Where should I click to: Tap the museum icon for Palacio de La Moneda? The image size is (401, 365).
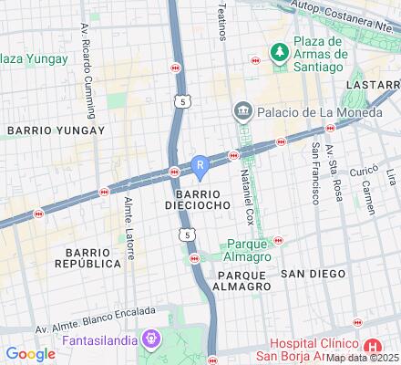[x=242, y=111]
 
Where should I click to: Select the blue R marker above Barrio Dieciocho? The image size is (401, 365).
[x=200, y=165]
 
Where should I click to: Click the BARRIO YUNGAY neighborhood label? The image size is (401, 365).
[x=56, y=130]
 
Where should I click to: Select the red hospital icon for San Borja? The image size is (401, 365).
[x=372, y=347]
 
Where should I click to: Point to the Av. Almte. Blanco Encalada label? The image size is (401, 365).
[x=93, y=326]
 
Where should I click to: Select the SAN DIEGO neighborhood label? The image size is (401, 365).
[x=313, y=274]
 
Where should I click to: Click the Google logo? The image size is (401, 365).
[x=31, y=353]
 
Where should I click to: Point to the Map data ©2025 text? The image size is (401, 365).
[x=363, y=359]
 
